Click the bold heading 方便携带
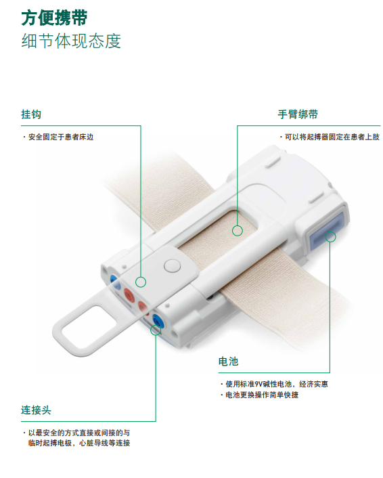click(54, 18)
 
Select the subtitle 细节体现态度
click(71, 41)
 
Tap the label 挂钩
click(31, 114)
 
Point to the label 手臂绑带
click(298, 114)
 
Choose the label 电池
click(228, 362)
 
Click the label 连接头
click(36, 410)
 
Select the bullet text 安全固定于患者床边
click(61, 137)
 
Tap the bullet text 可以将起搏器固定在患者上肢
click(332, 137)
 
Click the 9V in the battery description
click(258, 384)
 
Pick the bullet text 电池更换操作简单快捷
click(262, 395)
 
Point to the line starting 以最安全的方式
click(79, 433)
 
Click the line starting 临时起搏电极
click(79, 443)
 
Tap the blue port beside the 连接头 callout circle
click(157, 321)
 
